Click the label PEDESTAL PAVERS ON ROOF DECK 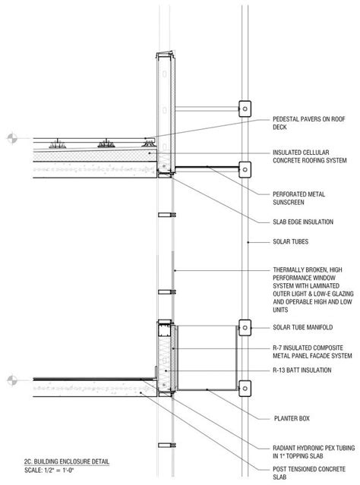(308, 123)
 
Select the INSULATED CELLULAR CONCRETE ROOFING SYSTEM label (310, 156)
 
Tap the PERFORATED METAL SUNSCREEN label (298, 198)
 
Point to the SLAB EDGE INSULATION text (303, 222)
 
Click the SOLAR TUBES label (290, 241)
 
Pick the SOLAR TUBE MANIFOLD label (302, 327)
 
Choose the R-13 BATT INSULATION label (302, 370)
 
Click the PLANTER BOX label (292, 418)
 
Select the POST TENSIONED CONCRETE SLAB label (308, 474)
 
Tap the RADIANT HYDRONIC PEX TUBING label (314, 448)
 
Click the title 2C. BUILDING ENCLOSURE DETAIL (67, 461)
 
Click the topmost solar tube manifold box (245, 109)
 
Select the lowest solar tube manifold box (245, 389)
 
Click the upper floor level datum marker (12, 138)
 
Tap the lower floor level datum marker (12, 380)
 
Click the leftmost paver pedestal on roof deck (58, 143)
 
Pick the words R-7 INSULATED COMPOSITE (308, 348)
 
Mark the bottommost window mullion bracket (167, 445)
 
